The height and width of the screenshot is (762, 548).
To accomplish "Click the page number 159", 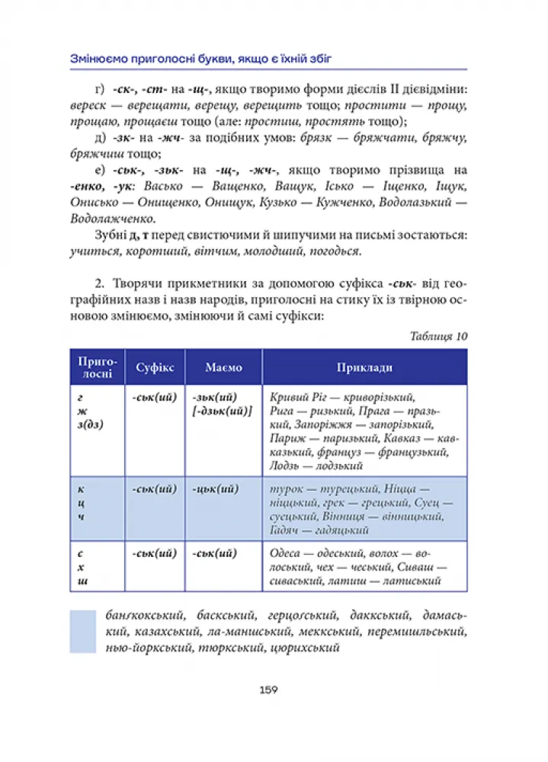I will pos(268,690).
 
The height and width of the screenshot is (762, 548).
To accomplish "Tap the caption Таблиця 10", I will pos(438,336).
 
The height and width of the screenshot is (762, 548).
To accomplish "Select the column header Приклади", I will pos(364,367).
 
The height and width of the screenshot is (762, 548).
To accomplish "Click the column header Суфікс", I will pos(155,367).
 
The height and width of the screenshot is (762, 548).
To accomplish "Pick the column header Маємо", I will pos(223,367).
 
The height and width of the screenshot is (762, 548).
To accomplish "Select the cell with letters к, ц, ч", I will pos(97,504).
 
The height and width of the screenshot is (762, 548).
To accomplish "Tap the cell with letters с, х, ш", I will pos(97,567).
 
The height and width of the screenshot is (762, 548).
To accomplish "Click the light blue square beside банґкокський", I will pos(82,631).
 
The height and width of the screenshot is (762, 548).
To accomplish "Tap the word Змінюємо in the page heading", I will pos(97,58).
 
